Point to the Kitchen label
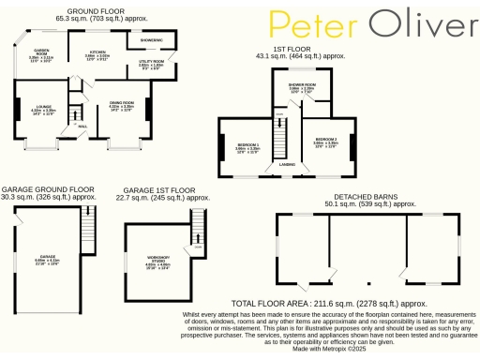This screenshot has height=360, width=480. click(97, 52)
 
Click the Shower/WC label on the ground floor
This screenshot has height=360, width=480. click(153, 41)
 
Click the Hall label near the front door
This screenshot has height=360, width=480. click(82, 125)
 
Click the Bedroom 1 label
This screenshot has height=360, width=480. click(247, 142)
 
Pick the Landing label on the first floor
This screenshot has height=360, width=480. click(288, 165)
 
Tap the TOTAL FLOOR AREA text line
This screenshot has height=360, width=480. click(329, 303)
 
